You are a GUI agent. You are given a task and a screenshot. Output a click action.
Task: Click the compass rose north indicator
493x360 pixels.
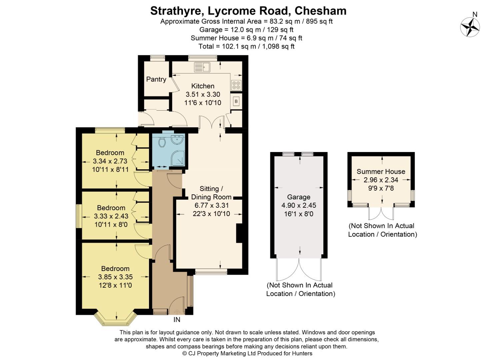(470, 26)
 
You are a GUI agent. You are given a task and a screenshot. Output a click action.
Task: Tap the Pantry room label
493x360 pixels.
(156, 79)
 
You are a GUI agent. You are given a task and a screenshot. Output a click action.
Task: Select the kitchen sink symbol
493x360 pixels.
(202, 67)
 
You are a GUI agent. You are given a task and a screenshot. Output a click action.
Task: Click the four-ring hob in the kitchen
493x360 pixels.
(236, 85)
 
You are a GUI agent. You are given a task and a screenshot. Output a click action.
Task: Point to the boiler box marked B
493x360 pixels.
(236, 101)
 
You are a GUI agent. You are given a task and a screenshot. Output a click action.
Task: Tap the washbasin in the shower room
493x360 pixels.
(177, 140)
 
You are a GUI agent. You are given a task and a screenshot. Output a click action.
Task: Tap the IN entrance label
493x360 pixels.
(177, 320)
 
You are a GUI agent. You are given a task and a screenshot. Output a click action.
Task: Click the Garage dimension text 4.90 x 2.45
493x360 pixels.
(299, 205)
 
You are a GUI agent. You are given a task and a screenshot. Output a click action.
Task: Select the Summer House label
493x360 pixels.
(381, 171)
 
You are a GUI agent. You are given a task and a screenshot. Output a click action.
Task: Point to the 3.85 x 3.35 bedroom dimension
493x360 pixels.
(115, 277)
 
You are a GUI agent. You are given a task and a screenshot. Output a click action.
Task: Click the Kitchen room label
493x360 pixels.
(203, 86)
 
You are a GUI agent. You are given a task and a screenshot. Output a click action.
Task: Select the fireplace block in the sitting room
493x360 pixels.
(239, 233)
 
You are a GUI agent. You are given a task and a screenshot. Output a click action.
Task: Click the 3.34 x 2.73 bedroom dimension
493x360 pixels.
(110, 161)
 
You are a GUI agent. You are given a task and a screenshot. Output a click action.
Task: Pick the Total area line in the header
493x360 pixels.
(246, 46)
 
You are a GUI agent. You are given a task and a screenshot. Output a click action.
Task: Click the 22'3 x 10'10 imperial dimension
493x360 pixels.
(211, 214)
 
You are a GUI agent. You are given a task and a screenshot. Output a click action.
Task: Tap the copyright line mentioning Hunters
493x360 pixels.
(247, 353)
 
